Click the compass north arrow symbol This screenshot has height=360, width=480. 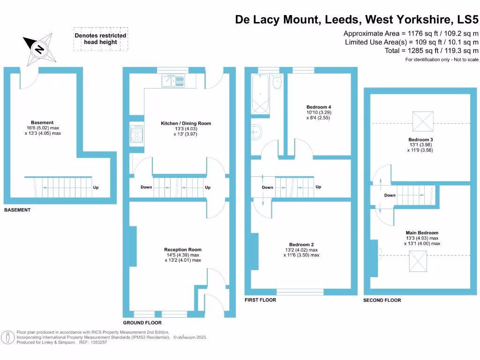[40, 48]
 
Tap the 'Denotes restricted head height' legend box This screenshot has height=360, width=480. [100, 39]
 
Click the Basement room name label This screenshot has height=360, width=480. [42, 123]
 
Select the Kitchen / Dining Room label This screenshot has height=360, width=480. [186, 124]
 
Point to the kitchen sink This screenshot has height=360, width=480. [173, 81]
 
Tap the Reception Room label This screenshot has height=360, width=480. [183, 250]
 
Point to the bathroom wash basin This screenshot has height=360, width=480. [256, 131]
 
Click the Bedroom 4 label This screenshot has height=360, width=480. [319, 107]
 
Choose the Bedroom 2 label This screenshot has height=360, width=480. [301, 245]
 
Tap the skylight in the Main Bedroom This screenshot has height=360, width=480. [418, 261]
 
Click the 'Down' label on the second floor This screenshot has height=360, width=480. [390, 195]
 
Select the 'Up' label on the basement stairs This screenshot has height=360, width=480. [96, 187]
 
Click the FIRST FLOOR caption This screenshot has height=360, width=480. [260, 300]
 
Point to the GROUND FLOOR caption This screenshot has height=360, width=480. [142, 323]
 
